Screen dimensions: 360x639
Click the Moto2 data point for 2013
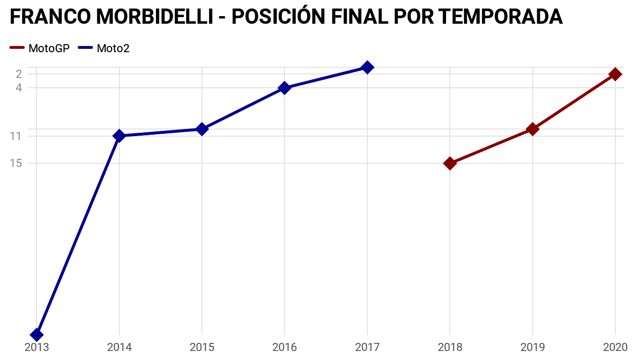(x=37, y=335)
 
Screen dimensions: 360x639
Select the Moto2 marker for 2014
(x=119, y=136)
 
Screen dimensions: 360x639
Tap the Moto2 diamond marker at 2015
(x=202, y=129)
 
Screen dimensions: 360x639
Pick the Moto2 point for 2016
(x=284, y=88)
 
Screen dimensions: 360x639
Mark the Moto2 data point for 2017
(x=367, y=67)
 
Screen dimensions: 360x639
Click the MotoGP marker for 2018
(x=450, y=163)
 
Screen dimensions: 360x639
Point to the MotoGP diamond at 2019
(x=533, y=129)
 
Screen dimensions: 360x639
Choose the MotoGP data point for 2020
(x=615, y=74)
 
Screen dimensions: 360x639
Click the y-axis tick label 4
(x=19, y=88)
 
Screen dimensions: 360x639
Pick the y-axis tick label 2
(x=19, y=74)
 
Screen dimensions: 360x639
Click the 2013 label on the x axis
(x=37, y=348)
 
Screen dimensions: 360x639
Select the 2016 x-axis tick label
(x=284, y=348)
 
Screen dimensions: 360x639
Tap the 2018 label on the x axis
(x=450, y=348)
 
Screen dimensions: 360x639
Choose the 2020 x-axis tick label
(x=615, y=348)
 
